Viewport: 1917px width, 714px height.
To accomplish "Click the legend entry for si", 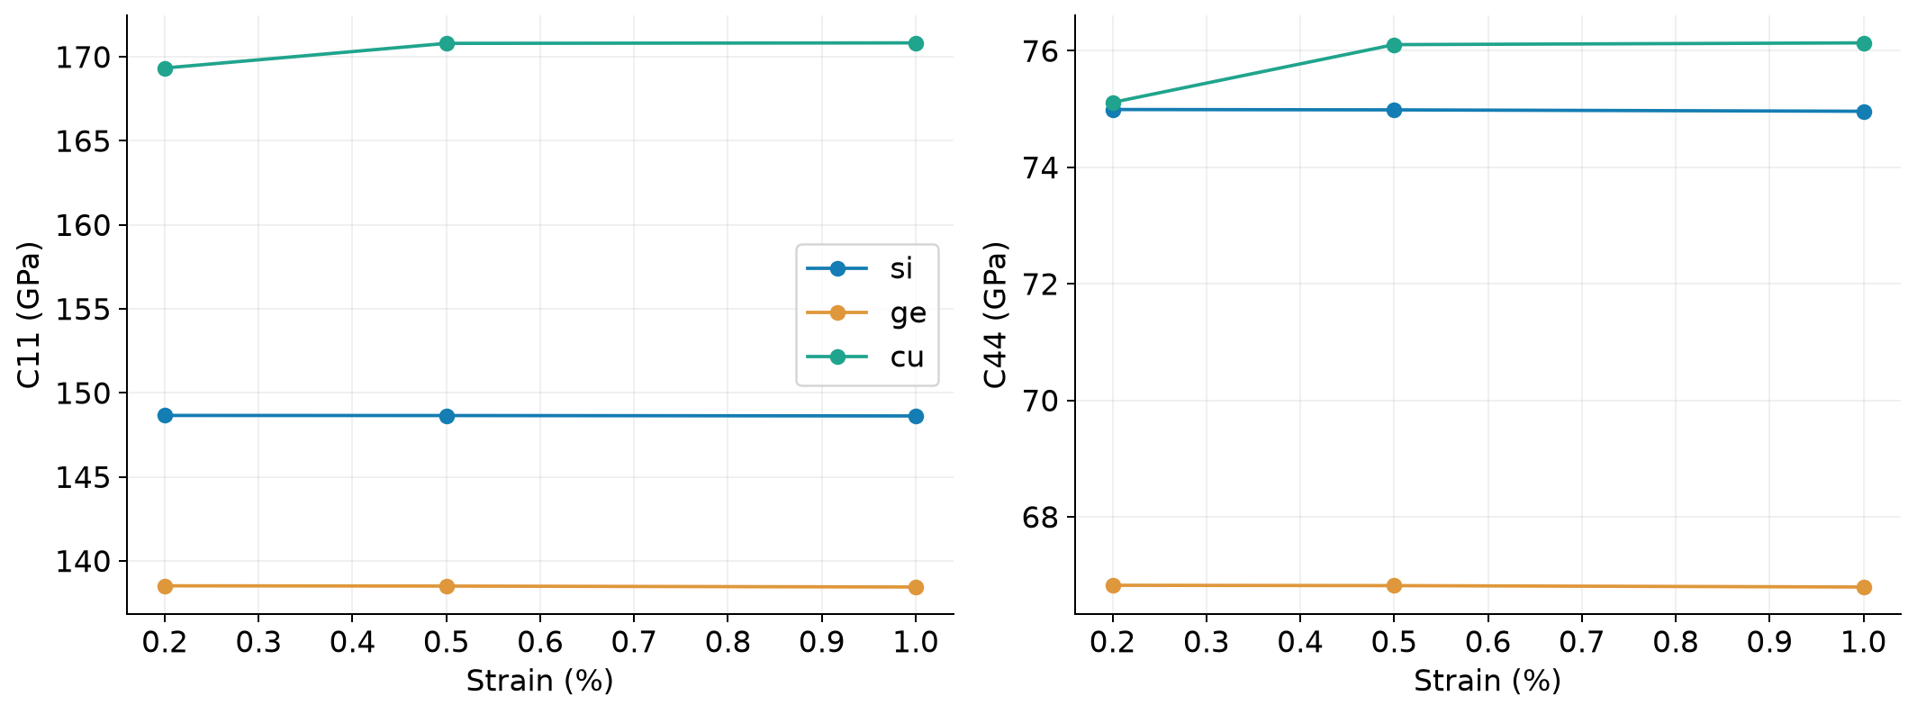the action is point(859,268).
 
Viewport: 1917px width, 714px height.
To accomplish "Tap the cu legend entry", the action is point(865,357).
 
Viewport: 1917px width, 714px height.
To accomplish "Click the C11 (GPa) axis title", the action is point(30,315).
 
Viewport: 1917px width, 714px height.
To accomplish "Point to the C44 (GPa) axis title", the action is point(995,315).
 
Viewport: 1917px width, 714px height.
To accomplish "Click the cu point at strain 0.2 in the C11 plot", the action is point(165,68).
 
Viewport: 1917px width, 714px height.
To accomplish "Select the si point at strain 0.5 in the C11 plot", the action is point(447,416).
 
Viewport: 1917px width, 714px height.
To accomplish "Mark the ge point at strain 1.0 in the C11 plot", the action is point(916,587).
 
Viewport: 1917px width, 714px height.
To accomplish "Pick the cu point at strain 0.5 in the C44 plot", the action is point(1394,45).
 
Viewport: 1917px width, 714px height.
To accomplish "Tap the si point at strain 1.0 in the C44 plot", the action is point(1864,112).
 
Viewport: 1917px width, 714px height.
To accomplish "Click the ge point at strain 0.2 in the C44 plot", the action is point(1113,585).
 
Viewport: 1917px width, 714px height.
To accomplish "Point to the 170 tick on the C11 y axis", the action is point(84,58).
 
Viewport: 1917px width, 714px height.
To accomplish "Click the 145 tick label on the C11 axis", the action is point(84,477).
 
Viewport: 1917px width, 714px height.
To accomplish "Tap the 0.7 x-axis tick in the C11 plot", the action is point(634,641).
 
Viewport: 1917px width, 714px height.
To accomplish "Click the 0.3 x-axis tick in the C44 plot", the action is point(1207,641).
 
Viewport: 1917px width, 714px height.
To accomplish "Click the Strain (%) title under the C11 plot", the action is point(540,681).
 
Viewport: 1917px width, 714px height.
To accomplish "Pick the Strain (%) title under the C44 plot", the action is point(1487,681).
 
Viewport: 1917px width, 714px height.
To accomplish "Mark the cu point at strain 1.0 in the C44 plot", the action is point(1864,43).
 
